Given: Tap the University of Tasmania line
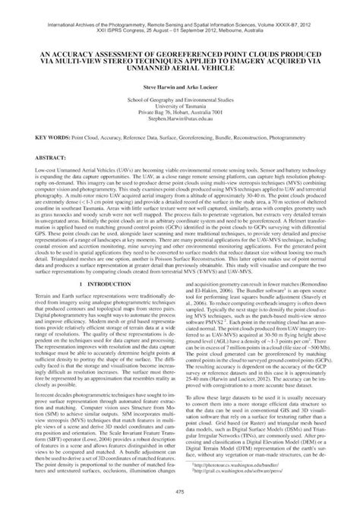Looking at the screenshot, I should (180, 106).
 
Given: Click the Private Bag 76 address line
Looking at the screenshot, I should (180, 112).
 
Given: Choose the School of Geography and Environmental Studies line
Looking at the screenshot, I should (180, 99).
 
